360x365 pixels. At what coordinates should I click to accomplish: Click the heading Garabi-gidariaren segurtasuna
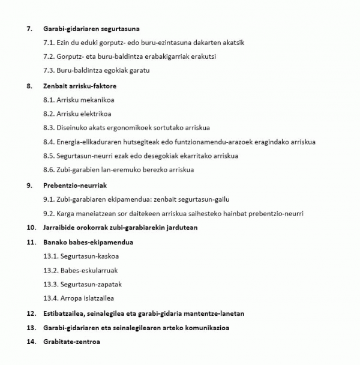pyautogui.click(x=92, y=28)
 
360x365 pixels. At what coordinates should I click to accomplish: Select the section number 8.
pyautogui.click(x=29, y=86)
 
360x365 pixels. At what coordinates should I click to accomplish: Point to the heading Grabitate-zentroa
pyautogui.click(x=71, y=342)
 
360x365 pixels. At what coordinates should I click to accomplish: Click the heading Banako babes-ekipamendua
pyautogui.click(x=88, y=242)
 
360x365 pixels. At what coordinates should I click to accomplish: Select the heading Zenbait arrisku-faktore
pyautogui.click(x=80, y=86)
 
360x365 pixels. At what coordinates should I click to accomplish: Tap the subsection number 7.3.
pyautogui.click(x=49, y=70)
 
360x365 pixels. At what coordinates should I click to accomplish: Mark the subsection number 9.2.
pyautogui.click(x=49, y=214)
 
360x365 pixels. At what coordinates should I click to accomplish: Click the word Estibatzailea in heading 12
pyautogui.click(x=64, y=313)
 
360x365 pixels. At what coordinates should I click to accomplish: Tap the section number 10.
pyautogui.click(x=31, y=228)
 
